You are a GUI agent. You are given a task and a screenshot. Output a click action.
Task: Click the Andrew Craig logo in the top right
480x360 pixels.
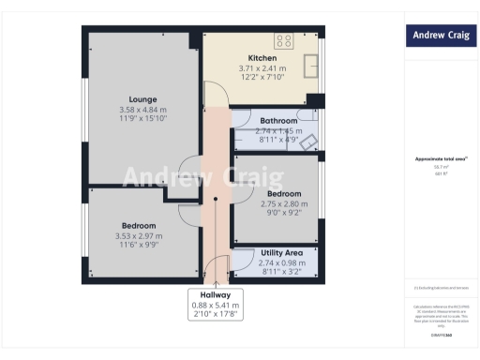[x=441, y=36]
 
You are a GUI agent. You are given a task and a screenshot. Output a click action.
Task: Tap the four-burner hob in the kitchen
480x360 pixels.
[x=283, y=41]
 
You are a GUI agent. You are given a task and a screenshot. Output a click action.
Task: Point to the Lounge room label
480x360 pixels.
[x=142, y=99]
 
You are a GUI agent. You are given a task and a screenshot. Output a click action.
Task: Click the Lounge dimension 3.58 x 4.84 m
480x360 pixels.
[x=142, y=110]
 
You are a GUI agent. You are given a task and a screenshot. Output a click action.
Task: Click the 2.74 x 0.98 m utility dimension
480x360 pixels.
[x=279, y=263]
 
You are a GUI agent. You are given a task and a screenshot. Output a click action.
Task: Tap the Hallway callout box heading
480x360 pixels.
[x=216, y=294]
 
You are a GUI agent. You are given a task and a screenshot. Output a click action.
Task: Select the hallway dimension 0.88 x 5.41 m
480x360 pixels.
[x=216, y=305]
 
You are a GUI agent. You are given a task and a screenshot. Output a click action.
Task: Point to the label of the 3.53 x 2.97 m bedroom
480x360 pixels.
[x=138, y=226]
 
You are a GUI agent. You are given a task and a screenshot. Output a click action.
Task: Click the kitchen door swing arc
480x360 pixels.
[x=214, y=94]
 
